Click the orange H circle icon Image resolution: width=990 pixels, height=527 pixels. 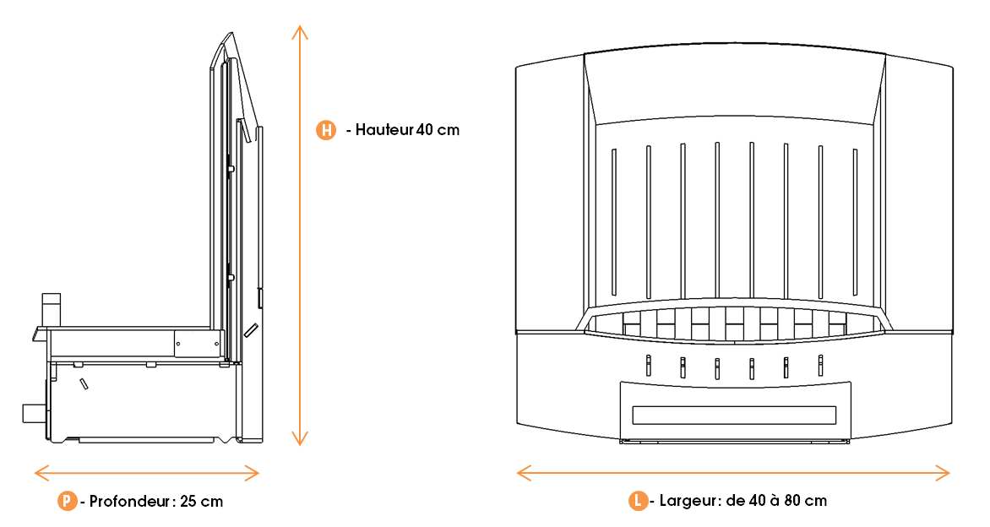click(x=325, y=130)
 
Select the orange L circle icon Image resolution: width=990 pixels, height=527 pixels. click(x=639, y=501)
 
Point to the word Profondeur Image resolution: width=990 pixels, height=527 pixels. click(x=131, y=501)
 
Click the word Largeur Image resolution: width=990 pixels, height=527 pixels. click(x=688, y=501)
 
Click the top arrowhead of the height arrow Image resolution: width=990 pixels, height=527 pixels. click(x=298, y=29)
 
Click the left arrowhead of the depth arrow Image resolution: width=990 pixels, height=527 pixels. click(x=38, y=472)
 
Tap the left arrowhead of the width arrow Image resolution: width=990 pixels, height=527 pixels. click(x=521, y=472)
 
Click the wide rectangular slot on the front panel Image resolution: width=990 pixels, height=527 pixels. click(x=733, y=416)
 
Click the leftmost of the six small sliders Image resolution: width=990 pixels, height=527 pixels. click(x=648, y=365)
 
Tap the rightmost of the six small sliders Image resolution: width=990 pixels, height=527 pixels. click(x=820, y=365)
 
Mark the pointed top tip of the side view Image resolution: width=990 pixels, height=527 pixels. click(x=229, y=35)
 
